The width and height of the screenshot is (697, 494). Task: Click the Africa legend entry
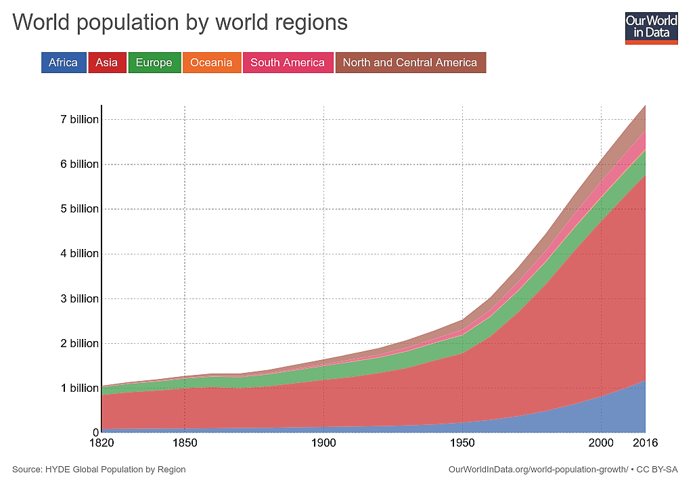click(64, 63)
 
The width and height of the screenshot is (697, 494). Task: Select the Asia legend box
click(107, 63)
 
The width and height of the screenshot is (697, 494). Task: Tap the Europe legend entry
click(154, 63)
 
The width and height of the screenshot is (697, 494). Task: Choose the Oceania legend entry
click(211, 63)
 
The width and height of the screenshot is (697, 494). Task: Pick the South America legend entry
click(288, 63)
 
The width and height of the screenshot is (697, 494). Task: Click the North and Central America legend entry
click(410, 63)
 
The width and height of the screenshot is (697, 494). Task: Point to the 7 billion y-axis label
click(79, 120)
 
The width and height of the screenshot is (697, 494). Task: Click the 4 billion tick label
click(79, 254)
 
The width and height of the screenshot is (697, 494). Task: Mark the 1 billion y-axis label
click(79, 388)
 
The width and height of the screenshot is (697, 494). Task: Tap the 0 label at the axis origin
click(95, 432)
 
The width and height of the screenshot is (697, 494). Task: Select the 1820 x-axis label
click(102, 444)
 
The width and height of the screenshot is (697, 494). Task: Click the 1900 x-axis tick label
click(323, 444)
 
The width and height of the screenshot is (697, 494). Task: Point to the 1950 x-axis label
click(462, 444)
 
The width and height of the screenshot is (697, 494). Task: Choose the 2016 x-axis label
click(644, 444)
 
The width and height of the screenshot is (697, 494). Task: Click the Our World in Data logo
click(651, 27)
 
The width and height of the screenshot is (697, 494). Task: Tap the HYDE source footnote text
click(99, 469)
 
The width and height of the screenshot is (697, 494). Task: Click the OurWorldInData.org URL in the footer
click(538, 469)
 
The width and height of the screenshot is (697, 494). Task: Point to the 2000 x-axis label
click(601, 444)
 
